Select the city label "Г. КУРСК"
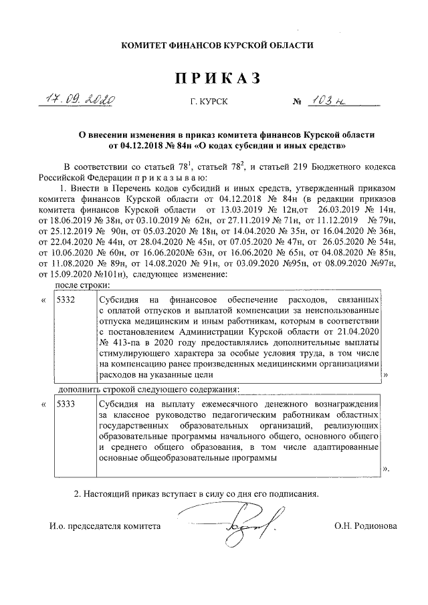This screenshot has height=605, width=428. pyautogui.click(x=207, y=102)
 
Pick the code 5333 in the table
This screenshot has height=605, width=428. pyautogui.click(x=66, y=404)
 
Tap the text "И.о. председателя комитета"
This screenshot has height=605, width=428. pyautogui.click(x=105, y=526)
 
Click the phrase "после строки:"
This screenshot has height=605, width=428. pyautogui.click(x=81, y=285)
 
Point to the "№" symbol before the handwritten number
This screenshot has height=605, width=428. pyautogui.click(x=297, y=102)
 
